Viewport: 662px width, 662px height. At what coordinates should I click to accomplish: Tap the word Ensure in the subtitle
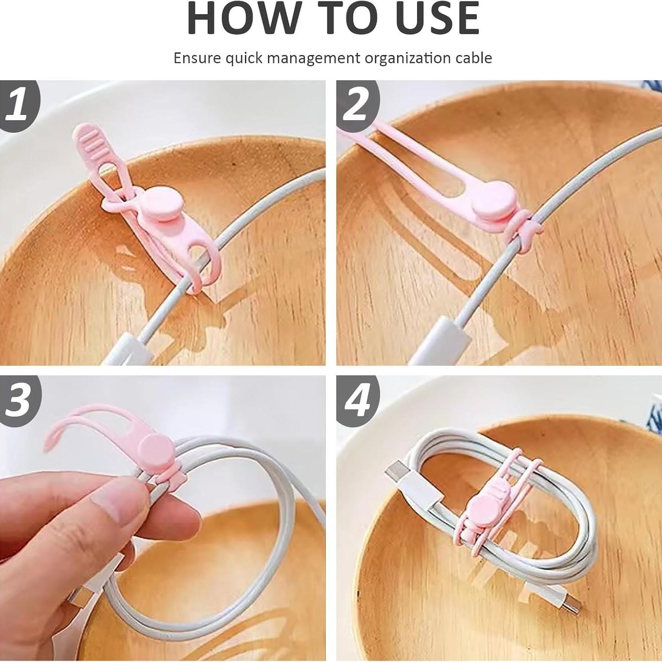pyautogui.click(x=197, y=58)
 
